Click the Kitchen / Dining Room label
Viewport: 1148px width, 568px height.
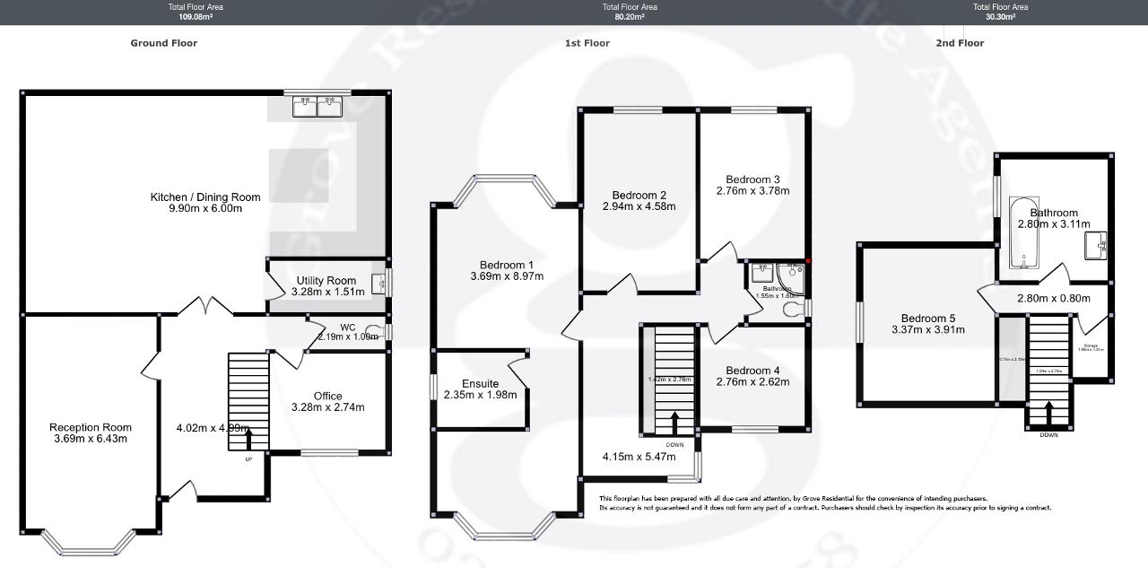[x=205, y=197]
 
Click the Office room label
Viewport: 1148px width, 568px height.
[x=327, y=396]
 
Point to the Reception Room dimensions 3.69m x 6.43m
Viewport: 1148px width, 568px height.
[x=90, y=439]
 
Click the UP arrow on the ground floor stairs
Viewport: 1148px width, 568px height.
[x=248, y=440]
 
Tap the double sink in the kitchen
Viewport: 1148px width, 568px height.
[x=317, y=108]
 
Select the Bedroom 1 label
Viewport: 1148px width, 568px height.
[x=507, y=265]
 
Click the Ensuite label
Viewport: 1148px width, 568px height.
[x=480, y=383]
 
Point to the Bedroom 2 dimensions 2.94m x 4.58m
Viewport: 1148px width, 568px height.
[x=639, y=206]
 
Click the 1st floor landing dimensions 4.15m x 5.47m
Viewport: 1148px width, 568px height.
[x=639, y=457]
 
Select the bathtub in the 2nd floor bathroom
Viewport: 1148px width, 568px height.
[x=1022, y=232]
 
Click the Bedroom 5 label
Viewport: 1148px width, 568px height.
[x=928, y=318]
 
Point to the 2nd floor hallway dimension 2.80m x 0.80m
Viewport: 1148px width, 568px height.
[x=1053, y=299]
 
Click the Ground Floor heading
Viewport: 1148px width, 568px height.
[x=163, y=43]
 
